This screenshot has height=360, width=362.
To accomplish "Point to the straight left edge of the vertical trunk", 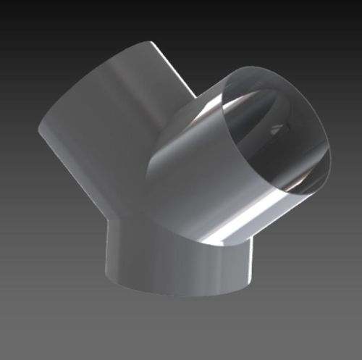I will (x=106, y=254).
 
